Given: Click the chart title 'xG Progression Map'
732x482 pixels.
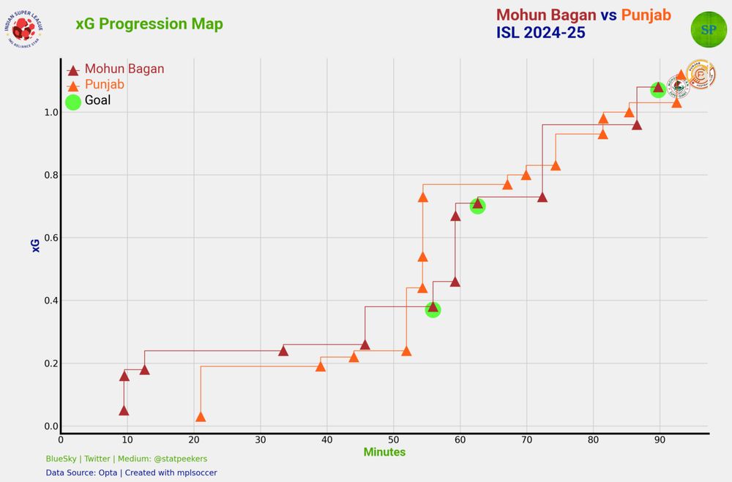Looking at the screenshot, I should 149,24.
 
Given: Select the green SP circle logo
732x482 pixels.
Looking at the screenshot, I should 709,29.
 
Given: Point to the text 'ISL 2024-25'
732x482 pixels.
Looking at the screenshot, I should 540,33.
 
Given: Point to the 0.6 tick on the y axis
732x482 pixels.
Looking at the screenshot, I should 48,238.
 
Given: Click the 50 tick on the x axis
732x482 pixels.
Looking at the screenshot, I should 394,440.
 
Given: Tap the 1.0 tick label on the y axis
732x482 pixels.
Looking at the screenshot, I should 48,113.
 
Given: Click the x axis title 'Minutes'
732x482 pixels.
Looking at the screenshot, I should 384,453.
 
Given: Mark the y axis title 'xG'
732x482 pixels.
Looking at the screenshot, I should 36,246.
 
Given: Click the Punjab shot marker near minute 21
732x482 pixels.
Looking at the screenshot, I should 201,416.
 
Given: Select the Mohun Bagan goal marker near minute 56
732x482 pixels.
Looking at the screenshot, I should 433,308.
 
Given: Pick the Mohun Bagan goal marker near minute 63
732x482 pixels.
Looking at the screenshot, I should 477,205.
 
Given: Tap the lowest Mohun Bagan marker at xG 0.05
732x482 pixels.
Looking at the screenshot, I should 124,410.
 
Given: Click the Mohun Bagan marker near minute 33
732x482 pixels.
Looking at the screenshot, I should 283,351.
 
